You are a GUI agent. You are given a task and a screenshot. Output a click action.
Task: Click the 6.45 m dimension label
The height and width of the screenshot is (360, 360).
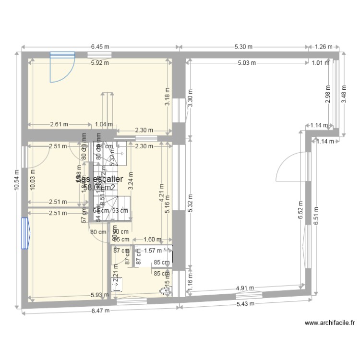point(100,47)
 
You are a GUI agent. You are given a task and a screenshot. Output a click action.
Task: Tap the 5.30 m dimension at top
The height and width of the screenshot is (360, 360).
point(243,47)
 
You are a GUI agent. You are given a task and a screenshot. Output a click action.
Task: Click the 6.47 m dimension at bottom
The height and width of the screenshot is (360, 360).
point(100,311)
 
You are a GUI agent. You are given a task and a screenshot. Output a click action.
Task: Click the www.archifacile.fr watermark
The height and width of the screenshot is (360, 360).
point(330,323)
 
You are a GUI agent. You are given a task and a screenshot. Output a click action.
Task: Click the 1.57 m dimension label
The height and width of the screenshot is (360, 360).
point(152,250)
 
